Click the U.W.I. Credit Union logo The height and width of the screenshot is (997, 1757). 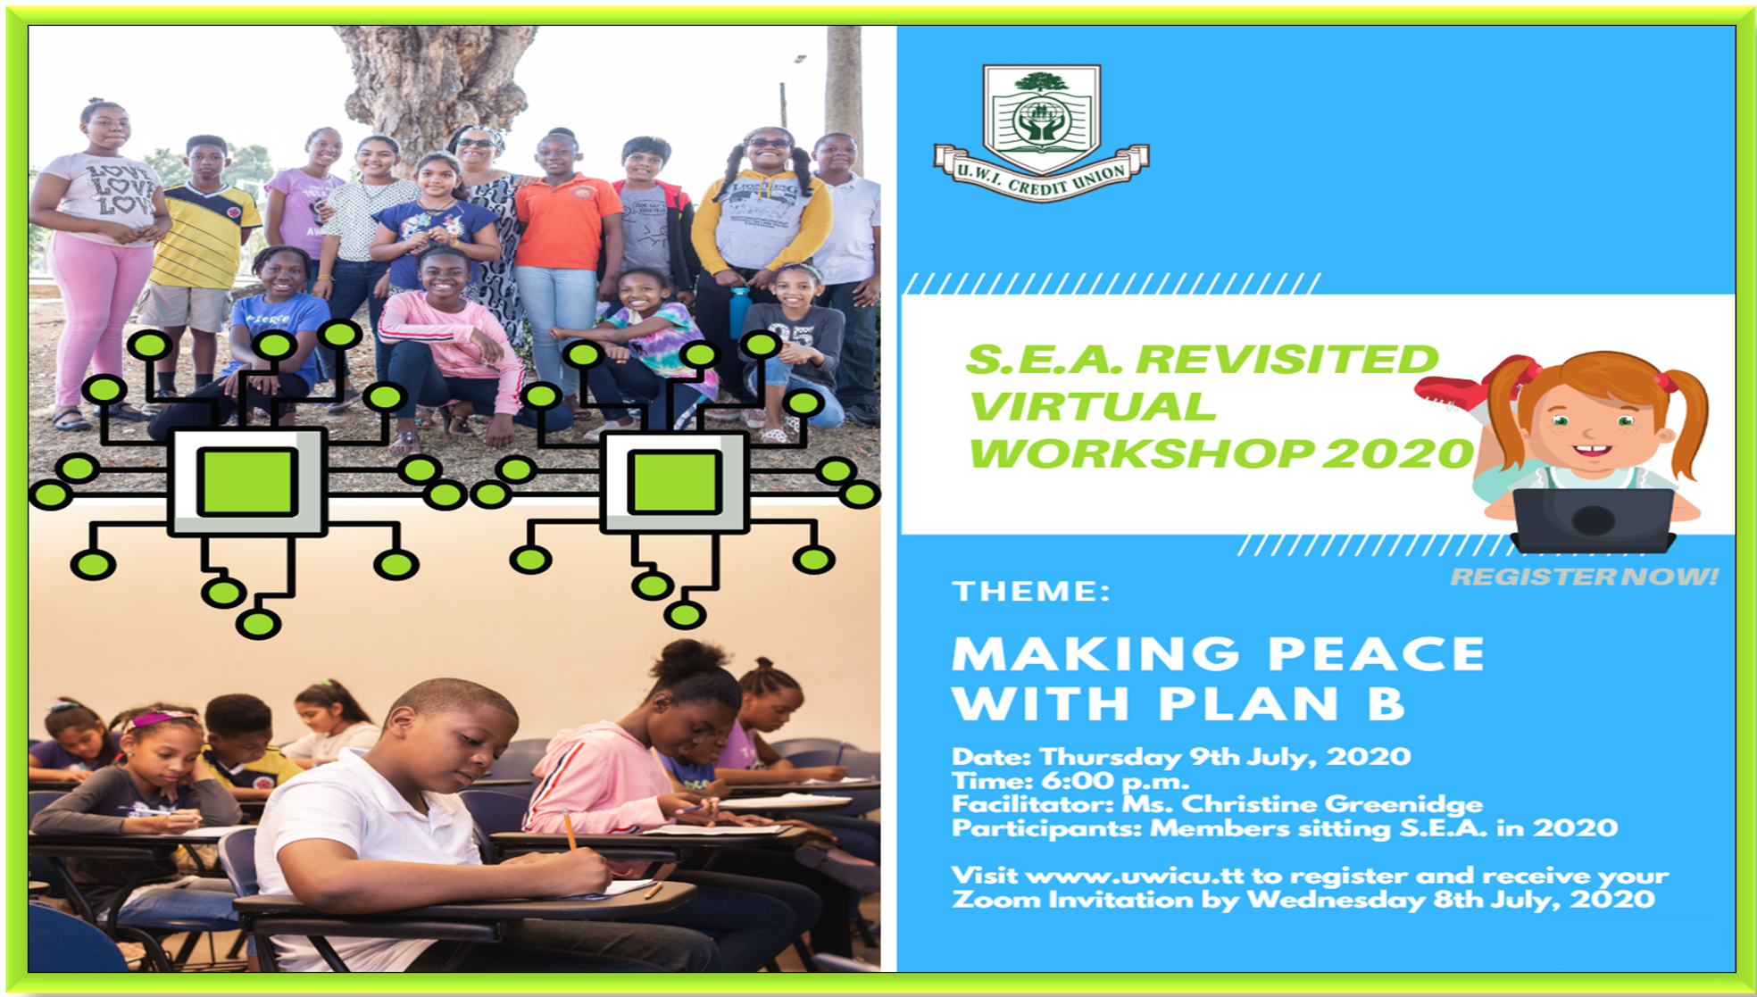[x=1041, y=133]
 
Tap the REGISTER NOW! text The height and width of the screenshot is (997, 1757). [x=1585, y=577]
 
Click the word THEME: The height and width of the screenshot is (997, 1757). [x=1031, y=591]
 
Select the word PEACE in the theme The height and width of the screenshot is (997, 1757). [x=1376, y=653]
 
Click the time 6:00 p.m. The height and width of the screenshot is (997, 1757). [x=1115, y=781]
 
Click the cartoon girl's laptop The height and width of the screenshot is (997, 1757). [x=1593, y=519]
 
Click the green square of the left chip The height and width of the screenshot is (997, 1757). [x=247, y=482]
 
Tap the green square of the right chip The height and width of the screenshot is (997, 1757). [x=674, y=482]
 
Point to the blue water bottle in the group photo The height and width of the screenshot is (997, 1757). [x=740, y=312]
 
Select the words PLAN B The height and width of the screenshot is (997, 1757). [x=1281, y=703]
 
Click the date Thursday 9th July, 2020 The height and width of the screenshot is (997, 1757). [x=1225, y=757]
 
